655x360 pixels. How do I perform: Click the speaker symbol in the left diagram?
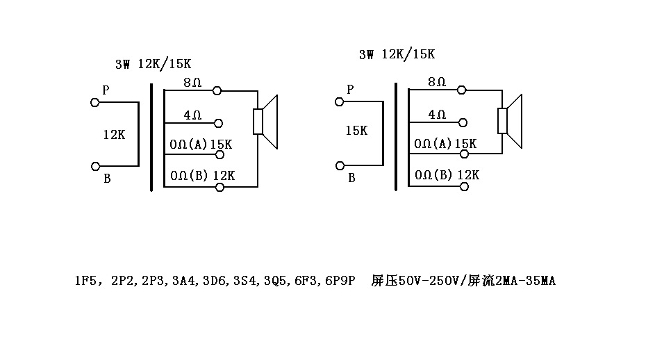pos(266,122)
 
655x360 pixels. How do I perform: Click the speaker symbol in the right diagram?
pos(511,122)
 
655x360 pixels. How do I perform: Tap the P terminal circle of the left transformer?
pos(94,102)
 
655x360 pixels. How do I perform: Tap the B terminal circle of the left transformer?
pos(94,166)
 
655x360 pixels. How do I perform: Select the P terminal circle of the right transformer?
pos(340,101)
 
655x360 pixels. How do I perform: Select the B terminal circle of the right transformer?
pos(340,165)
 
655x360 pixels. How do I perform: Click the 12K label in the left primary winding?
pos(113,134)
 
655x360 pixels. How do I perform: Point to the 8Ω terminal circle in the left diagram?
pos(217,90)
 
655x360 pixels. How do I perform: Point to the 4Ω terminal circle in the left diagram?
pos(218,123)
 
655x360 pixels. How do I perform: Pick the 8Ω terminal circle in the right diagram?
pos(462,90)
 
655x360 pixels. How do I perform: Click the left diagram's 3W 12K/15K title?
pos(153,64)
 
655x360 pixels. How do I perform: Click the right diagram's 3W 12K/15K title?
pos(397,54)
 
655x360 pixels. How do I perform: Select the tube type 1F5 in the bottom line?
pos(87,281)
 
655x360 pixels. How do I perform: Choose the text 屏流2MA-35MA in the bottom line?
pos(512,281)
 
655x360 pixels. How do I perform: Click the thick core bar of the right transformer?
pos(396,136)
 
